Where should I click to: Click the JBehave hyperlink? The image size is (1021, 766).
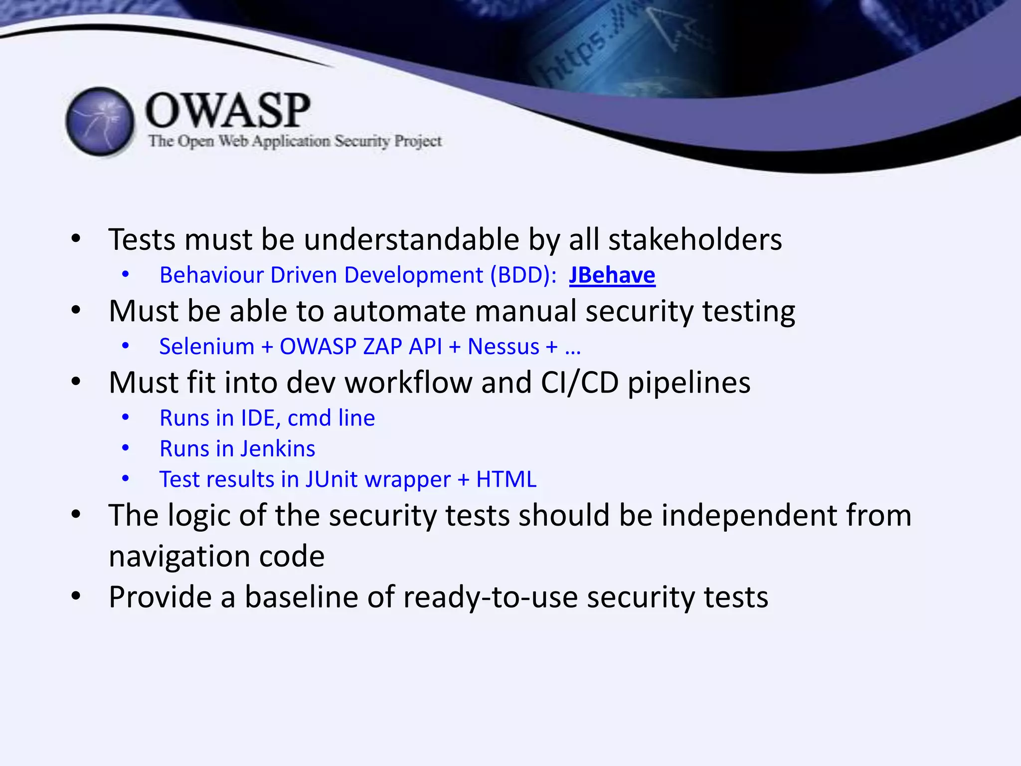point(612,275)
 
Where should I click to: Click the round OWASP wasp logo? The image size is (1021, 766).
point(100,121)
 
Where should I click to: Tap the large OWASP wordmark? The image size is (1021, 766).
point(227,111)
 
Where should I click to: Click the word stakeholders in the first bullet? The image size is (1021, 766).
point(695,239)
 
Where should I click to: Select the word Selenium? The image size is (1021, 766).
point(206,347)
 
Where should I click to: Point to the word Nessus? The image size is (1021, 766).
point(503,347)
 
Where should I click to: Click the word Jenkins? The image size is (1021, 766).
point(279,449)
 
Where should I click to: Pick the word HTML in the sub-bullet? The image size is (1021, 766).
point(506,479)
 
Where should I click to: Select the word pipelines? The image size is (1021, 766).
point(688,383)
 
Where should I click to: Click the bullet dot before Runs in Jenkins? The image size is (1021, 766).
point(126,448)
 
